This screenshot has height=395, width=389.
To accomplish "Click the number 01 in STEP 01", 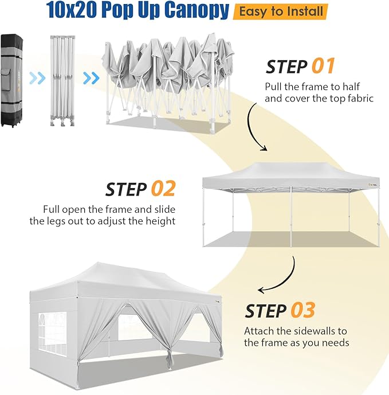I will coord(323,67).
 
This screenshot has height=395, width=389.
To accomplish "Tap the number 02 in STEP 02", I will coord(163,189).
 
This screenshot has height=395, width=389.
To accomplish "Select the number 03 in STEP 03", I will coord(303,310).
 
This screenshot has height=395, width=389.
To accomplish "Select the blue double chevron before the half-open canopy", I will coord(91,78).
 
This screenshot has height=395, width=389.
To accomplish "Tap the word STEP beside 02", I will coord(126,189).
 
